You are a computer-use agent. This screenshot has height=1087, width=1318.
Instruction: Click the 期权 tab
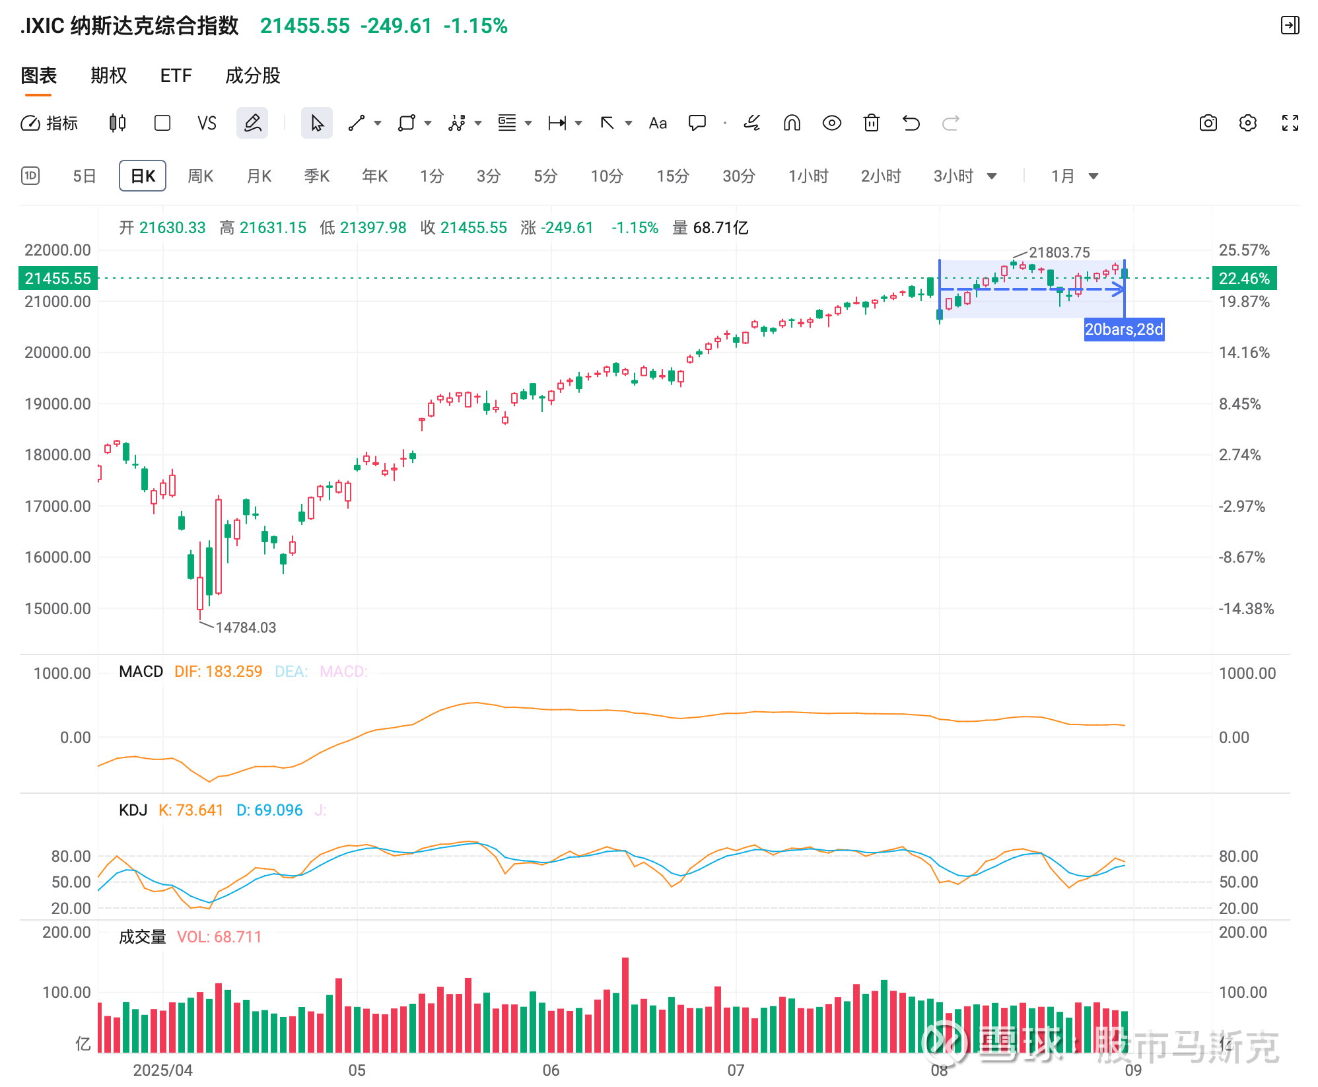click(108, 76)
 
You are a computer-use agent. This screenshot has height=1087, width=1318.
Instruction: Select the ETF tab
click(176, 76)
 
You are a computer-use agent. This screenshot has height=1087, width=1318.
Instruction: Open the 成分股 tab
click(252, 76)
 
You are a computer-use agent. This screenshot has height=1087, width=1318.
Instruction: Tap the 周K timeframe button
click(200, 176)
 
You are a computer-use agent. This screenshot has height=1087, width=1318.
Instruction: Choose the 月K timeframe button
click(259, 176)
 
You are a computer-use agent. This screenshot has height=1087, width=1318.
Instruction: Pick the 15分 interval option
click(672, 176)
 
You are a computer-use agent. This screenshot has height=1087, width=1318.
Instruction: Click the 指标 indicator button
click(50, 123)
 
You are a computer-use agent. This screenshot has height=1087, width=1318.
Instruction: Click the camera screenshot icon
click(1208, 123)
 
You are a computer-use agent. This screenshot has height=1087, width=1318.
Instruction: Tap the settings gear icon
click(1247, 123)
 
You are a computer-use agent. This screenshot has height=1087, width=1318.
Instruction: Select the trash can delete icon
click(871, 123)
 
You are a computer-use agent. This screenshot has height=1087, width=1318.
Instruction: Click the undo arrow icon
click(911, 123)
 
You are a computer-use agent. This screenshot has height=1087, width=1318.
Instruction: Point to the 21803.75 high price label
click(1058, 252)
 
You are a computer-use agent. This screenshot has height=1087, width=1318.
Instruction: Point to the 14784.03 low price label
click(246, 627)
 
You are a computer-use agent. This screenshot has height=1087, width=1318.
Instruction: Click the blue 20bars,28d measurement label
click(1123, 329)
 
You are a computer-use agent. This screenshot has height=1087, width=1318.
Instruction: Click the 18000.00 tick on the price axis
click(57, 455)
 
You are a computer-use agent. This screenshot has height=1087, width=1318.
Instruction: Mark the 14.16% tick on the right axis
click(1243, 353)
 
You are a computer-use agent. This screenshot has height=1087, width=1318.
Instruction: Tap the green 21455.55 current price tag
click(58, 279)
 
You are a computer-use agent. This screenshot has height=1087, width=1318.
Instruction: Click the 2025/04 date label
click(162, 1070)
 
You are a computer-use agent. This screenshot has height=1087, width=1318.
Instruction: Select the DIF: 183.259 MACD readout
click(218, 672)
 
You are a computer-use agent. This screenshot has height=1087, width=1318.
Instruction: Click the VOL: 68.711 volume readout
click(219, 937)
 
